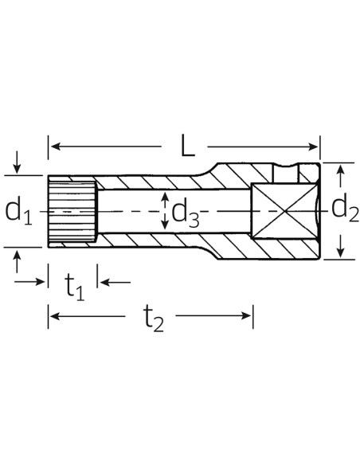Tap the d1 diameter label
pos(18,211)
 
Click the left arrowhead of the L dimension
pos(53,147)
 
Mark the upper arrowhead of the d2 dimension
pos(341,169)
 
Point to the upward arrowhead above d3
pos(165,195)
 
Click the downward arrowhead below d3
pos(165,228)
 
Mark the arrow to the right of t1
pos(103,281)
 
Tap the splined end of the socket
pos(72,211)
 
